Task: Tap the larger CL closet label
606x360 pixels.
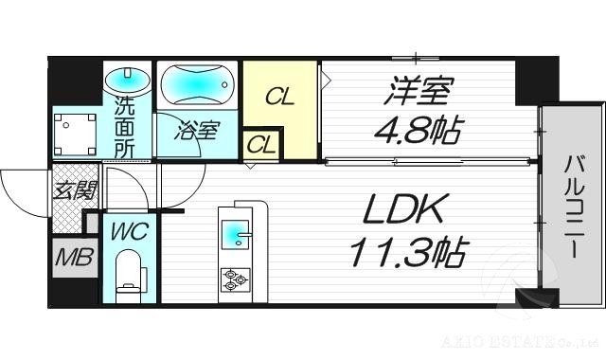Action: click(x=278, y=96)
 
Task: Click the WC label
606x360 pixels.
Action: click(x=128, y=229)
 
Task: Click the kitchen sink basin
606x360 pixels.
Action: click(x=234, y=232)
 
